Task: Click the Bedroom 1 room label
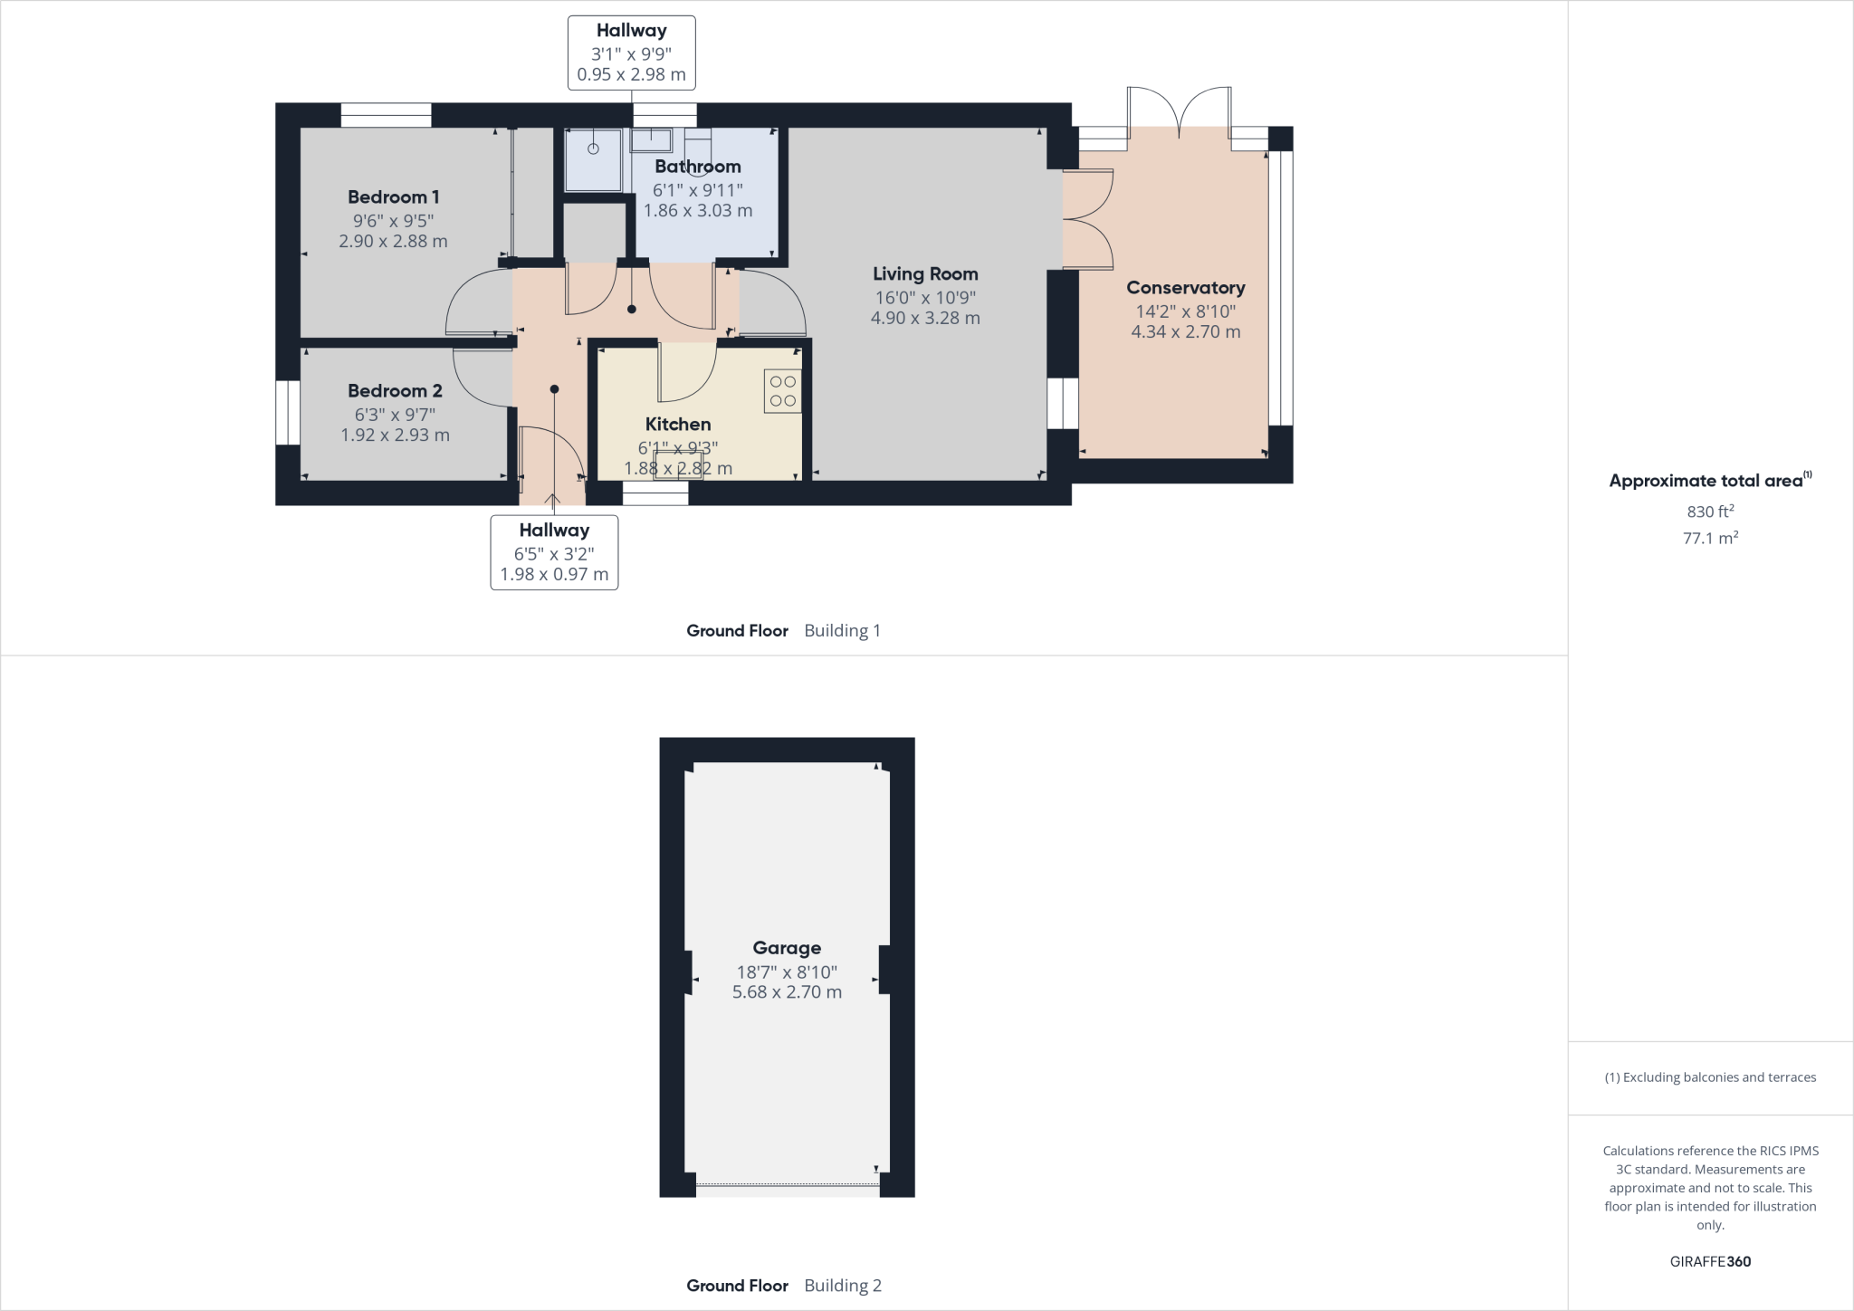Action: [394, 196]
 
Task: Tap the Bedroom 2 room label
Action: [395, 390]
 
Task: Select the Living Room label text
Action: [925, 273]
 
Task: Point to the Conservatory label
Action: [1185, 287]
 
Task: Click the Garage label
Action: [787, 948]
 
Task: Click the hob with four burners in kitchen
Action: [783, 391]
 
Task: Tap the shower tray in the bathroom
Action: [594, 159]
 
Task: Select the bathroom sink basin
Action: [651, 140]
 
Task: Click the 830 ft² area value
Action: [1710, 512]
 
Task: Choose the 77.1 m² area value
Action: [1710, 538]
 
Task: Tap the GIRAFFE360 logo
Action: [1710, 1261]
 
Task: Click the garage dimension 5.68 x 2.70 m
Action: [787, 992]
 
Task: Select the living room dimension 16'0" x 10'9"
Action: [925, 297]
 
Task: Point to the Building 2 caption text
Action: [842, 1285]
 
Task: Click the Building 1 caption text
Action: [842, 630]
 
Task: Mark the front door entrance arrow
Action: [552, 500]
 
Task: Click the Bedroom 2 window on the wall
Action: [288, 413]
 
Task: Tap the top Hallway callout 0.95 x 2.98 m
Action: [631, 74]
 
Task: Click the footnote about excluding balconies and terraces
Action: [1710, 1077]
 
